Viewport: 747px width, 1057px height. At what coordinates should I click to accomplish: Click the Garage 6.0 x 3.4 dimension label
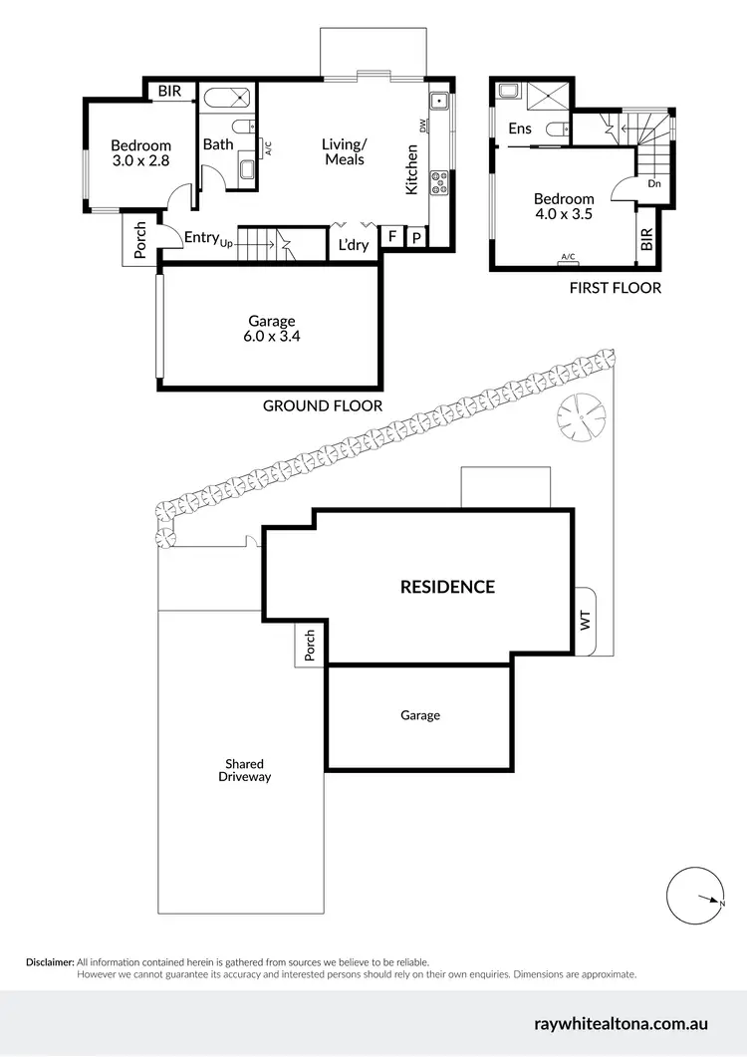[272, 329]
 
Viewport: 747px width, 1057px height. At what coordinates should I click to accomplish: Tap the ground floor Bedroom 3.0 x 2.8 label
[140, 153]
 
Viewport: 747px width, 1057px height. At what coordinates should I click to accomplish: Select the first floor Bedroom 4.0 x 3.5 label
[564, 206]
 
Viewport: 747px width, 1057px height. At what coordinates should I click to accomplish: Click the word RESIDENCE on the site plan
[447, 587]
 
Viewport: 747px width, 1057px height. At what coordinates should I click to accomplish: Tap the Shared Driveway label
[244, 770]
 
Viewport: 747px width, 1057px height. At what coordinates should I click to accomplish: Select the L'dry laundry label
[354, 244]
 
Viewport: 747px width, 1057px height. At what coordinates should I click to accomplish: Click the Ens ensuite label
[520, 129]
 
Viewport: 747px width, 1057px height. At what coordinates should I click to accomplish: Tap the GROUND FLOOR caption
[323, 405]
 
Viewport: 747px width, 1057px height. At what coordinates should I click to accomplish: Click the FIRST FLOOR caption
[615, 288]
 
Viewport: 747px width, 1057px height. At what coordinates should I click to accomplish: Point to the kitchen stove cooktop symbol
[438, 181]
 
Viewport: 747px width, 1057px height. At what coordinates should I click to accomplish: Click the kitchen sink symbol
[438, 101]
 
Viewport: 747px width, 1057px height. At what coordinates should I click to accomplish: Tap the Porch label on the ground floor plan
[140, 241]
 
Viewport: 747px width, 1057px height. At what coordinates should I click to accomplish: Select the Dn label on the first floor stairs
[653, 183]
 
